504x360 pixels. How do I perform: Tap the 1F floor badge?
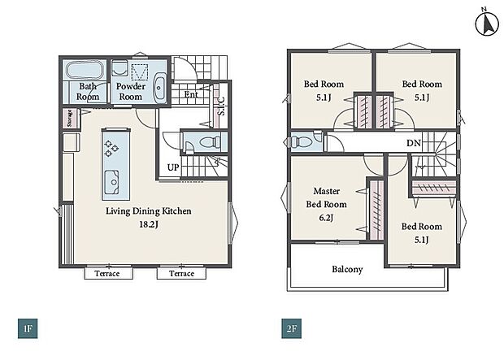[x=28, y=328]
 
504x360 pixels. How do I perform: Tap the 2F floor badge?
[x=292, y=328]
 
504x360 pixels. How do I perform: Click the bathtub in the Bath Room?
[x=85, y=70]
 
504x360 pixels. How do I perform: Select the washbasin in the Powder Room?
[x=159, y=87]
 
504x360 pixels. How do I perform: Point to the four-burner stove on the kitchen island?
[x=111, y=148]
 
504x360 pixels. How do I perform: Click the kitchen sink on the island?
[x=111, y=182]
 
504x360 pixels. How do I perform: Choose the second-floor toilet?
[x=300, y=141]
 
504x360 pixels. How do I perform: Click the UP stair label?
[x=173, y=167]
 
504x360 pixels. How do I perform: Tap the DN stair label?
[x=413, y=143]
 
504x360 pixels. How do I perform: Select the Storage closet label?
[x=70, y=118]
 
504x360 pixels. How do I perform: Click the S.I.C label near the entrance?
[x=221, y=106]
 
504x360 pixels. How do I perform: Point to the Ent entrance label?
[x=191, y=94]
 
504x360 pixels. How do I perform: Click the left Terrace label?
[x=107, y=274]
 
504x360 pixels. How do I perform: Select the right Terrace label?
[x=181, y=274]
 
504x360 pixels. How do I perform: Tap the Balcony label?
[x=347, y=269]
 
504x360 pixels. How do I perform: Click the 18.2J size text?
[x=149, y=224]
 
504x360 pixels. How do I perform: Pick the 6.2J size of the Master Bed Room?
[x=326, y=218]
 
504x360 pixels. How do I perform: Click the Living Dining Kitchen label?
[x=149, y=210]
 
